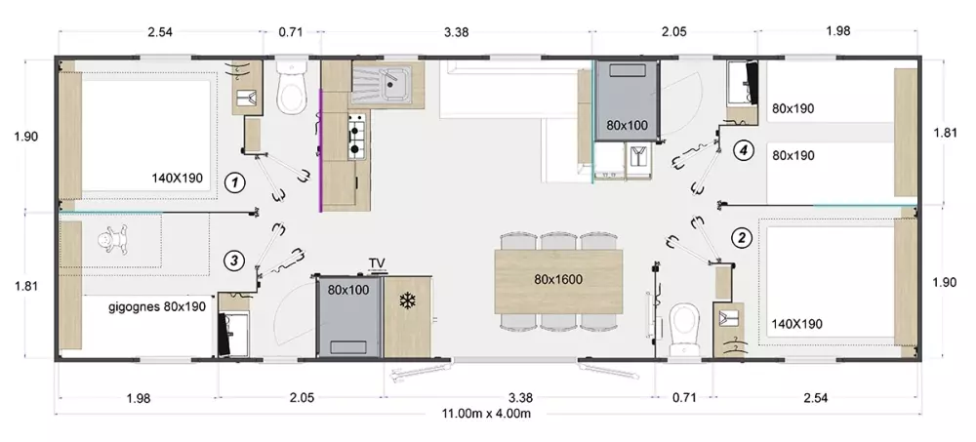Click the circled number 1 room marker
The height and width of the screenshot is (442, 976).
(x=234, y=182)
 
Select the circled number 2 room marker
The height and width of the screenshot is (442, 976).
(x=741, y=237)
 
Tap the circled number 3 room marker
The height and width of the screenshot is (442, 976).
(x=234, y=261)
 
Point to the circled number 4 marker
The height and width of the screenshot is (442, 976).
(x=743, y=150)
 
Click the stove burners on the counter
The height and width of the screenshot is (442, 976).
(x=356, y=137)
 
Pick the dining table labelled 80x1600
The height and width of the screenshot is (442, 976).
(x=559, y=281)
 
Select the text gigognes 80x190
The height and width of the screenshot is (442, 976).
(x=157, y=306)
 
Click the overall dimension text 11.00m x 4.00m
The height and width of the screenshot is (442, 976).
(x=486, y=414)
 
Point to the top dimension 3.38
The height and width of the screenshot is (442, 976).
(x=456, y=32)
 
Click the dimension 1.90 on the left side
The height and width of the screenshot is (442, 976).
(x=26, y=137)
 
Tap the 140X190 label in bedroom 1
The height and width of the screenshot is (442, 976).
(x=178, y=178)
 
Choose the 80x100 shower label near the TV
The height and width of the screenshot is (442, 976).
(x=348, y=290)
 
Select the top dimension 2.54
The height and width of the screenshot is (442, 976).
(x=160, y=32)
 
